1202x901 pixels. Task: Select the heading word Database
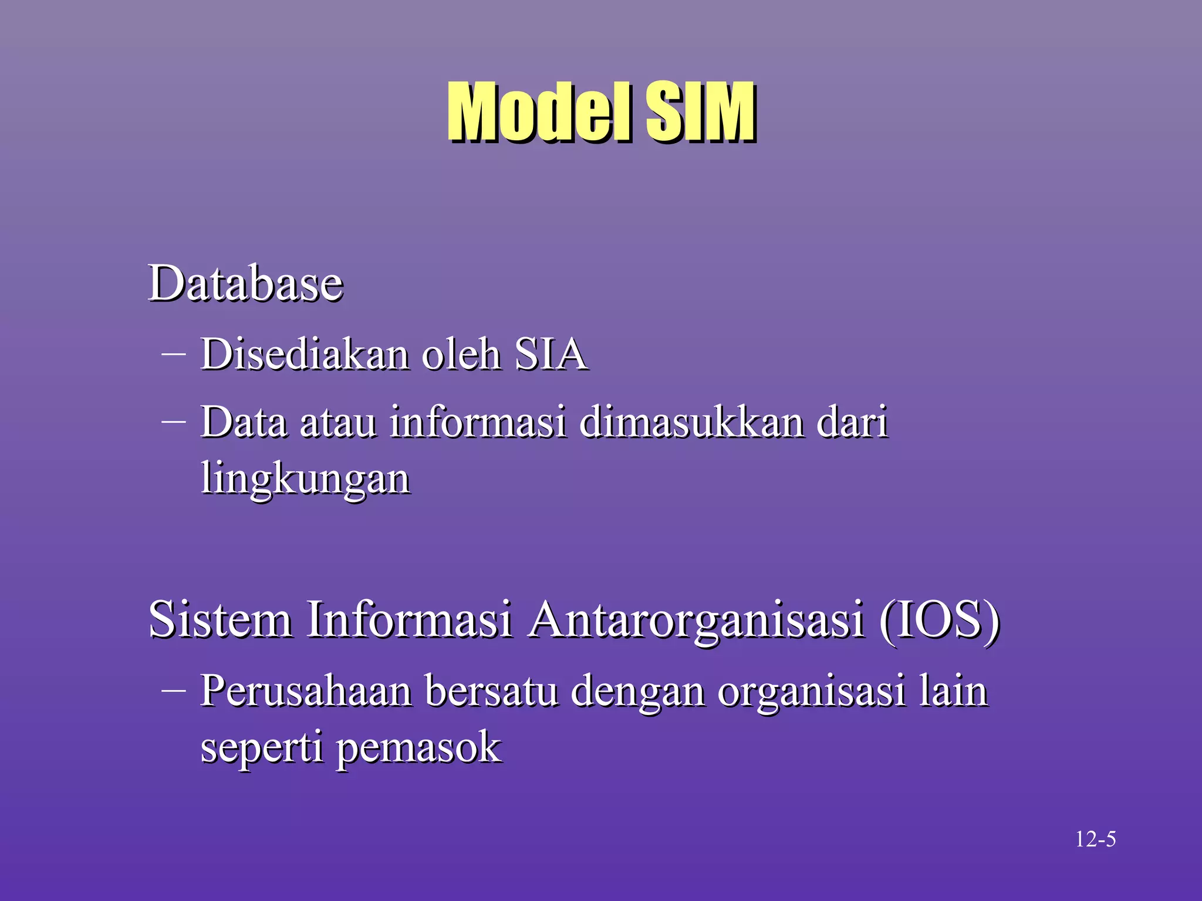tap(245, 283)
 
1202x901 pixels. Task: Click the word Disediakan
tap(304, 354)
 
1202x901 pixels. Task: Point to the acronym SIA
tap(551, 354)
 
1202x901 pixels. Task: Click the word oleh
tap(461, 354)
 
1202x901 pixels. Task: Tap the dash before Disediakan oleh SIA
tap(173, 354)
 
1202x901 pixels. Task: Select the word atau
tap(338, 422)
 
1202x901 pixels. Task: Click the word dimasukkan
tap(691, 422)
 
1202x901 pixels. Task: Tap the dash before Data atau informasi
tap(173, 421)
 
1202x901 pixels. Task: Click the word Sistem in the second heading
tap(220, 619)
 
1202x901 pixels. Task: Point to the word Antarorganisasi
tap(695, 621)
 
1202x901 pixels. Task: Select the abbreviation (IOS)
tap(939, 621)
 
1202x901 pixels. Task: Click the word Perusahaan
tap(306, 691)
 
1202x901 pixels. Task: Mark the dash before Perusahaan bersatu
tap(173, 690)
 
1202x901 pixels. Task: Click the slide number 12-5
tap(1095, 839)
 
